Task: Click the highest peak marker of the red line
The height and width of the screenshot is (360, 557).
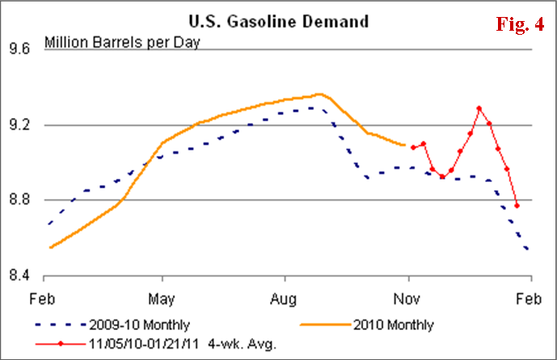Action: pyautogui.click(x=479, y=108)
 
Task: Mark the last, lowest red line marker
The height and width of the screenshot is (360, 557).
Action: pyautogui.click(x=517, y=205)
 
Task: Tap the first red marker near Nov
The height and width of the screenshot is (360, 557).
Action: pyautogui.click(x=413, y=147)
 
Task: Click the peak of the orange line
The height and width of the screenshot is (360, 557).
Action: pyautogui.click(x=319, y=94)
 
